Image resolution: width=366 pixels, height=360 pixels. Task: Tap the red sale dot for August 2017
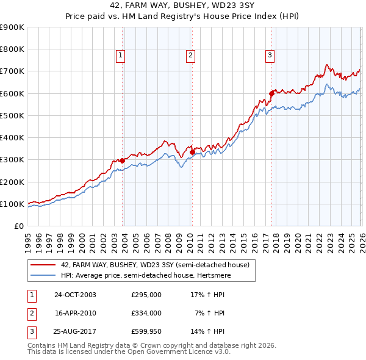coord(271,93)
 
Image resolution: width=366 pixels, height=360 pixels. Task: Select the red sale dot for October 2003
coord(123,160)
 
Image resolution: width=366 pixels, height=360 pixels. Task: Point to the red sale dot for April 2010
coord(192,152)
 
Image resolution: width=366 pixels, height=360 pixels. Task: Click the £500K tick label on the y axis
coord(12,115)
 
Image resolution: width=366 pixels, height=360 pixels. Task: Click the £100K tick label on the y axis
coord(12,204)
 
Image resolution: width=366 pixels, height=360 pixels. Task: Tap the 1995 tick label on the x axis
coord(28,240)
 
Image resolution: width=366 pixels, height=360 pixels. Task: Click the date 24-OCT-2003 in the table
coord(75,294)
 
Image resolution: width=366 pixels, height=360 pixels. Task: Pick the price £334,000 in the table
coord(146,313)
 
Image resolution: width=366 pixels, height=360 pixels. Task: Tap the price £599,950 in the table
coord(146,332)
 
